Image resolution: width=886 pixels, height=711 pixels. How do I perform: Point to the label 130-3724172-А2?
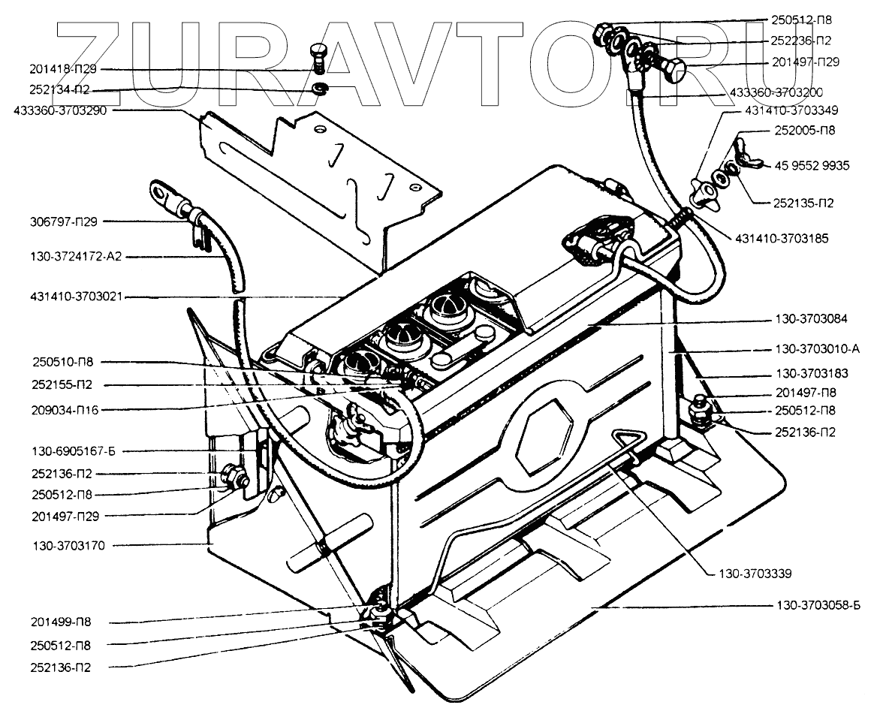tap(67, 257)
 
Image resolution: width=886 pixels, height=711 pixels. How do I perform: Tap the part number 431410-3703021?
tap(67, 297)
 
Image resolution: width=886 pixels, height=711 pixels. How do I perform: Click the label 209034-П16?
tap(67, 411)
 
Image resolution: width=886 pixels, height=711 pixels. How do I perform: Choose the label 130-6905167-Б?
tap(67, 451)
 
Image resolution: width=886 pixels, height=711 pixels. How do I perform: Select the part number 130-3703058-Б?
tap(818, 606)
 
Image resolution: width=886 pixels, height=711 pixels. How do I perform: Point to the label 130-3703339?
tap(746, 574)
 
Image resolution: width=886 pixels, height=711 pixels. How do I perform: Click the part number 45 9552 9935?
tap(813, 165)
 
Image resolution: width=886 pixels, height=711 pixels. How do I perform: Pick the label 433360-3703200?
tap(777, 92)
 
